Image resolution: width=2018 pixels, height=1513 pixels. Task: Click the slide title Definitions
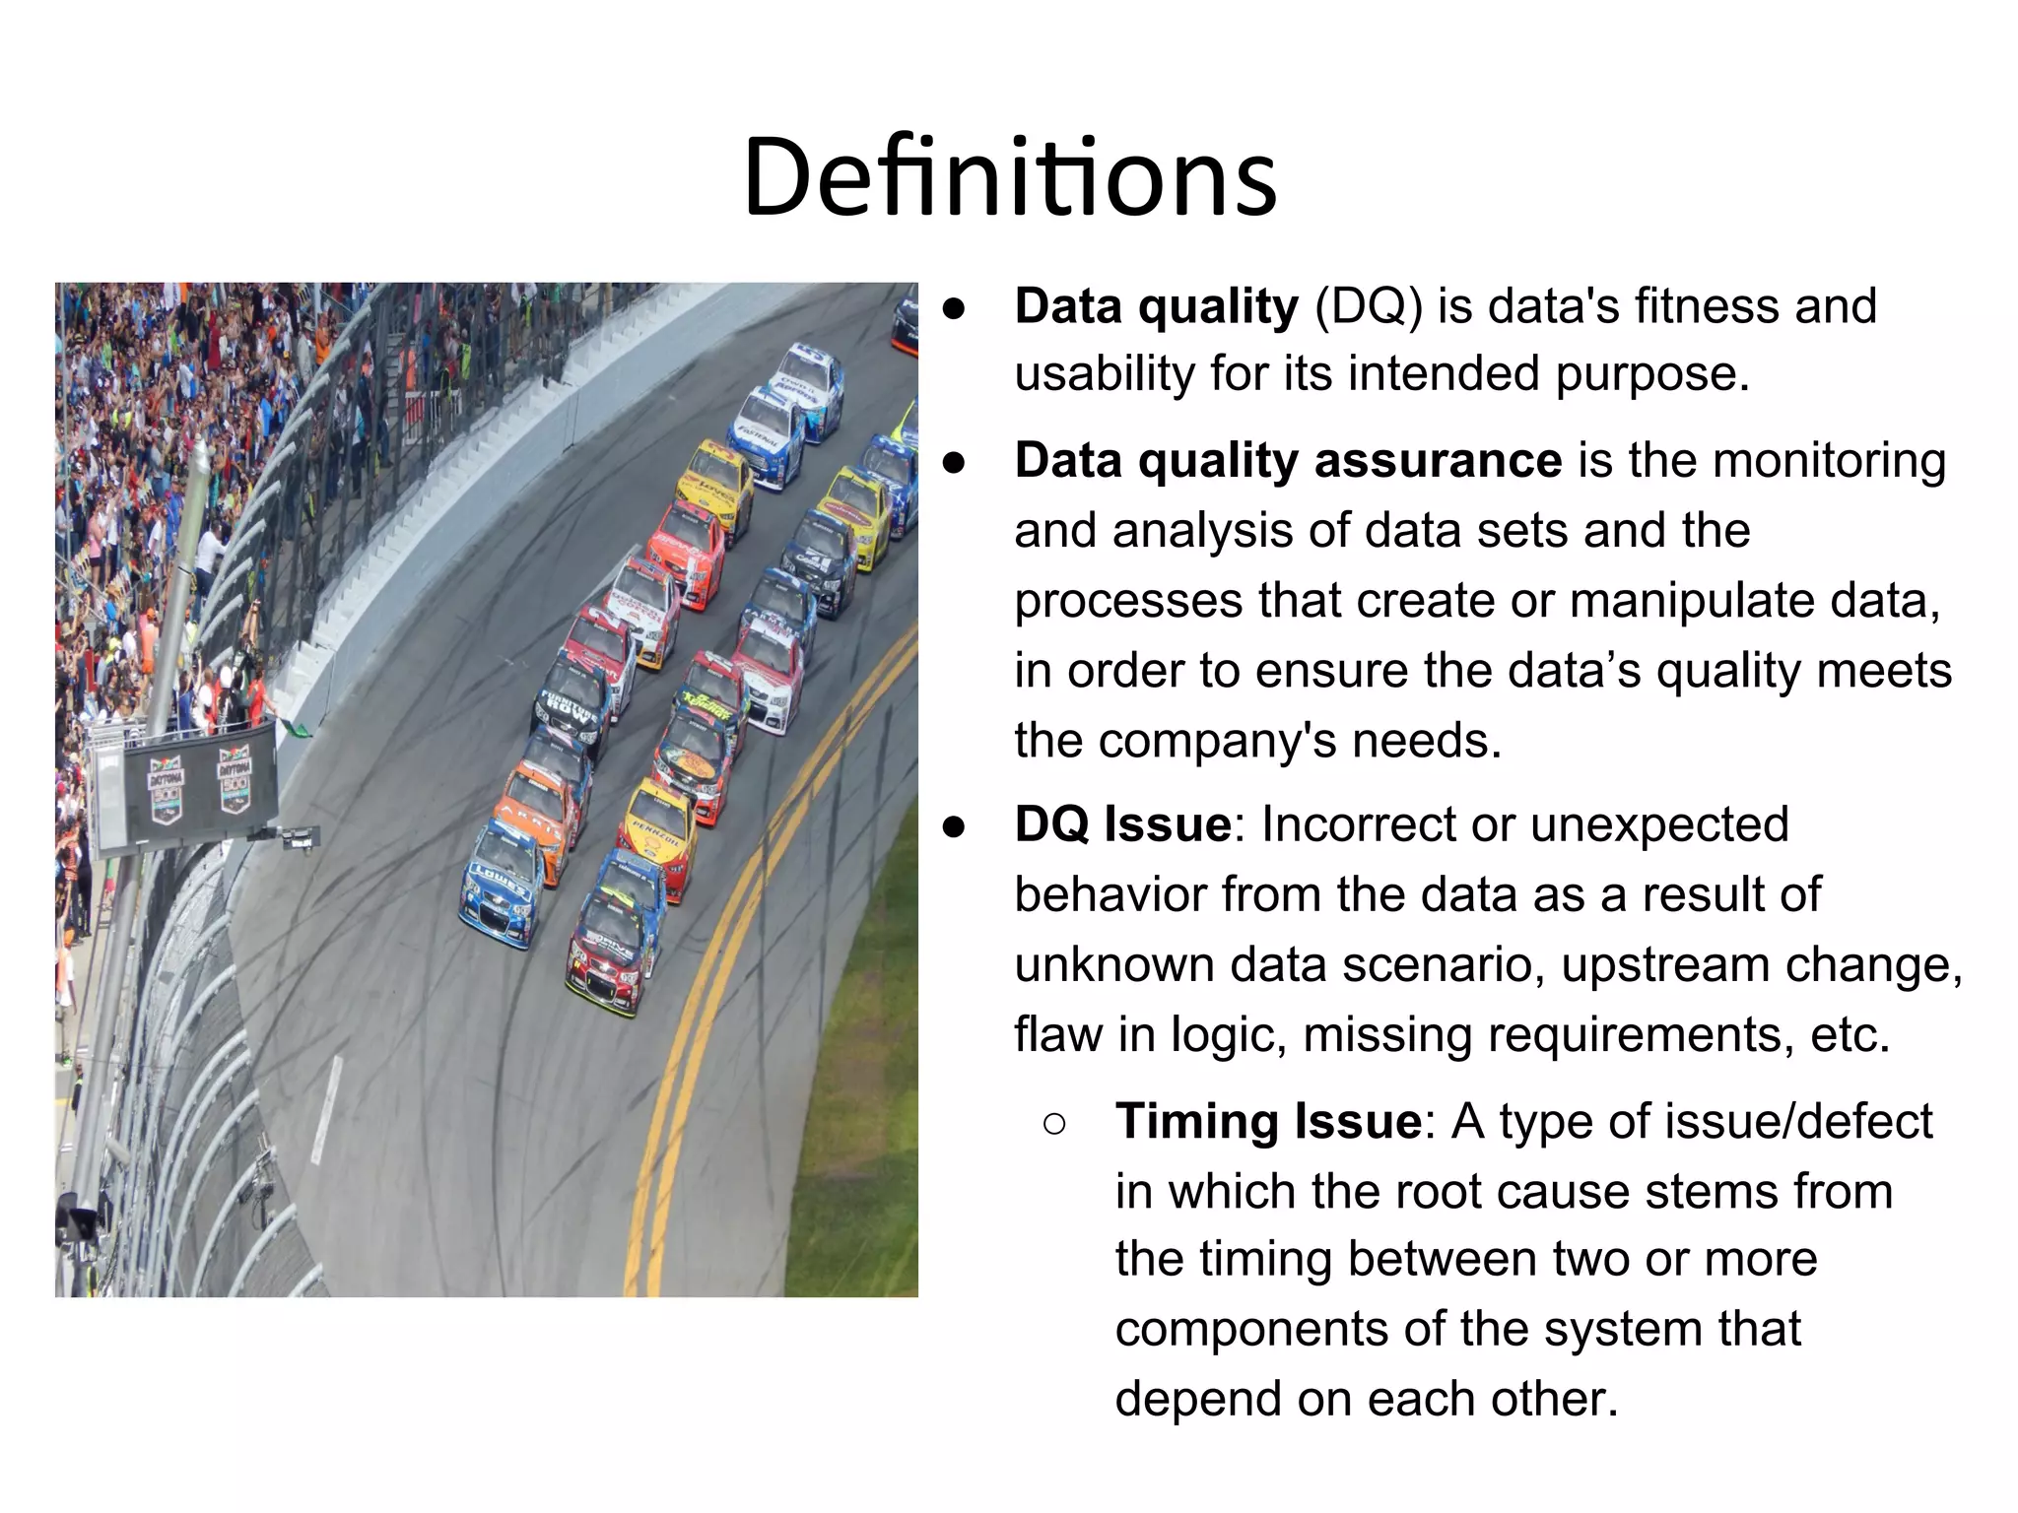pyautogui.click(x=1010, y=177)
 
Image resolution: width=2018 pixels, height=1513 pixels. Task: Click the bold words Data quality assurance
pyautogui.click(x=1288, y=461)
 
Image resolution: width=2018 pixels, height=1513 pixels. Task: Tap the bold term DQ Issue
pyautogui.click(x=1122, y=824)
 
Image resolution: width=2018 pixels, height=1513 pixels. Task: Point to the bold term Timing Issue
pyautogui.click(x=1268, y=1122)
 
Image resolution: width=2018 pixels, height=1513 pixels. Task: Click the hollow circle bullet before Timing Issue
pyautogui.click(x=1053, y=1124)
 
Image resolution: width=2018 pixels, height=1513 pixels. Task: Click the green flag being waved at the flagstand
pyautogui.click(x=293, y=728)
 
